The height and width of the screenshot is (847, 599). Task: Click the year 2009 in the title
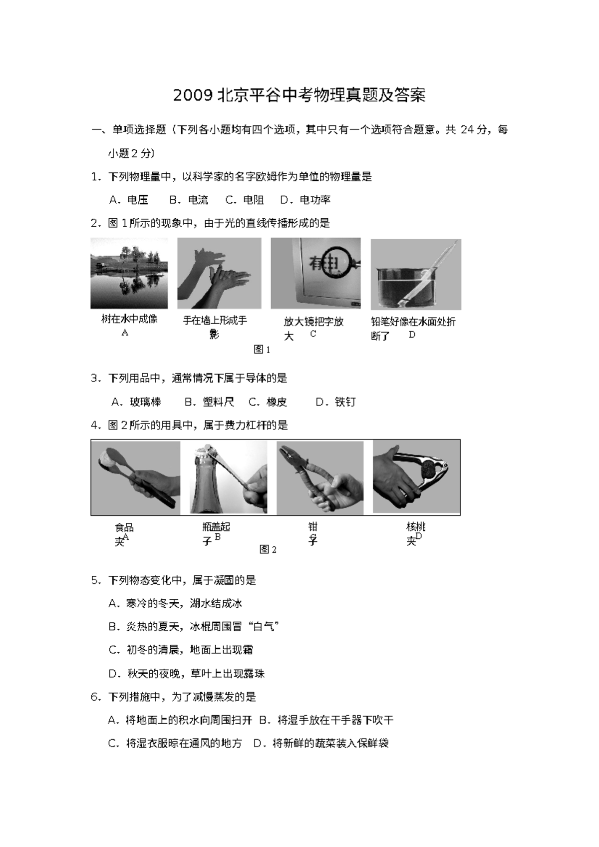click(193, 95)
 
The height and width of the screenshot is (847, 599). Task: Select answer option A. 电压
click(129, 200)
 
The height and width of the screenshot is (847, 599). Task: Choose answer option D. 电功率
click(305, 200)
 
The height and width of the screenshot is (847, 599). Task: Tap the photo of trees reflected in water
click(129, 273)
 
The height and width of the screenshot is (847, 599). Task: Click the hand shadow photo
click(219, 273)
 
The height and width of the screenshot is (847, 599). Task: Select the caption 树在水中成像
click(129, 319)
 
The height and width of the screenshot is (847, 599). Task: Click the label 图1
click(262, 350)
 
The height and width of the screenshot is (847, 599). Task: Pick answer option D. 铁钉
click(336, 402)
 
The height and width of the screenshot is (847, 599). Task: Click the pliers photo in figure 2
click(319, 477)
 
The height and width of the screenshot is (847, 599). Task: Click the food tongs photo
click(136, 477)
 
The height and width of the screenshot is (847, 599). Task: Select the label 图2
click(268, 549)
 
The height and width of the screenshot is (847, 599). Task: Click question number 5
click(95, 580)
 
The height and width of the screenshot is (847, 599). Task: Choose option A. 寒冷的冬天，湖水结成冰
click(175, 604)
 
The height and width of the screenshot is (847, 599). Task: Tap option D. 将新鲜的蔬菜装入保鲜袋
click(321, 744)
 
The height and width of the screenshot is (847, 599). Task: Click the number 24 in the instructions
click(467, 130)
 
